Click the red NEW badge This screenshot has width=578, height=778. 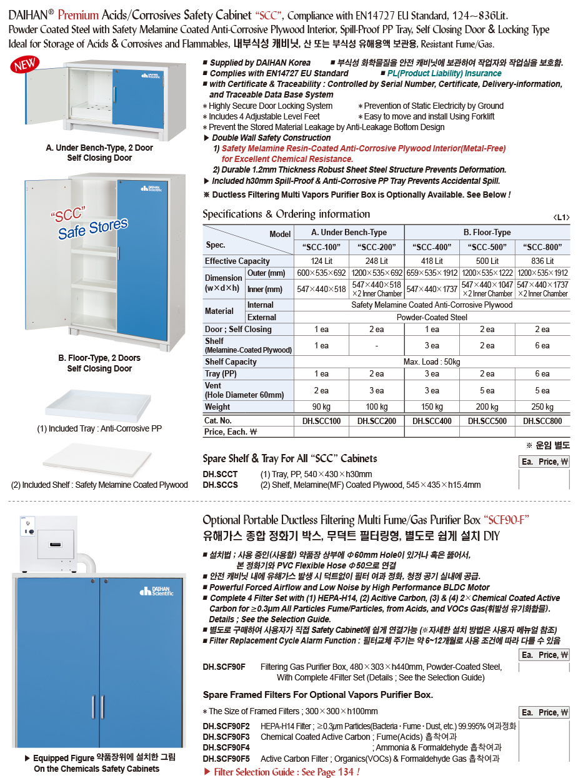pyautogui.click(x=24, y=65)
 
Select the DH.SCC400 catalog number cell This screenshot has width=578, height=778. pyautogui.click(x=432, y=421)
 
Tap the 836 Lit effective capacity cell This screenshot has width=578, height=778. pyautogui.click(x=542, y=261)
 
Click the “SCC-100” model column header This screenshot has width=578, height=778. pyautogui.click(x=321, y=246)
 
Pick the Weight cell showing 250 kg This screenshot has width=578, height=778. pyautogui.click(x=542, y=407)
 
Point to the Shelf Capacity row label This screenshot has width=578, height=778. pyautogui.click(x=231, y=361)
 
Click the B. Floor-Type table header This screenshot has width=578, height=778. pyautogui.click(x=487, y=233)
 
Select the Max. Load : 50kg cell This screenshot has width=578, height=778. pyautogui.click(x=432, y=361)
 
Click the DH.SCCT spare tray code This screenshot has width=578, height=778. pyautogui.click(x=220, y=474)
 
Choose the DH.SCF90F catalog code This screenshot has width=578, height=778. pyautogui.click(x=224, y=667)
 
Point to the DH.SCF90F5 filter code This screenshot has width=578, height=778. pyautogui.click(x=226, y=758)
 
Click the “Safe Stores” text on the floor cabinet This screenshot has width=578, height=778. pyautogui.click(x=92, y=228)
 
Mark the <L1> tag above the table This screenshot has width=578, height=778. pyautogui.click(x=561, y=217)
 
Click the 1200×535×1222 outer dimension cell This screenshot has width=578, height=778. pyautogui.click(x=487, y=273)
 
